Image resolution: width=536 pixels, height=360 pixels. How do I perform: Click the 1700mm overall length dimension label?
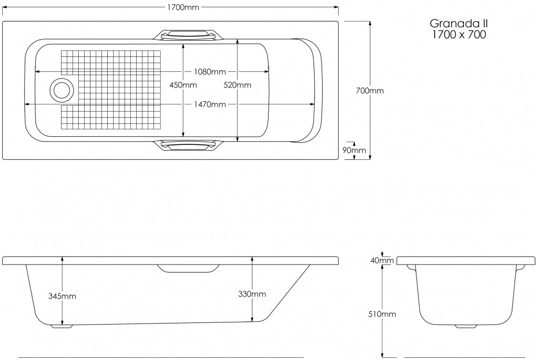[183, 8]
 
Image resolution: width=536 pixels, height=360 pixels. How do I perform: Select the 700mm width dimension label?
[370, 91]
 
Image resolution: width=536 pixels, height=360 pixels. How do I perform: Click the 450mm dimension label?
[183, 85]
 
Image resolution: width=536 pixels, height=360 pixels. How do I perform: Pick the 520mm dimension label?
[237, 85]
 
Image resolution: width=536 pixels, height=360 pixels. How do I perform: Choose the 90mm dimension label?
[355, 150]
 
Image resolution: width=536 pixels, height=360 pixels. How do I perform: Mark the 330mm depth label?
[252, 293]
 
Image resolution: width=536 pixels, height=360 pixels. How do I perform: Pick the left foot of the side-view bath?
[60, 325]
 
